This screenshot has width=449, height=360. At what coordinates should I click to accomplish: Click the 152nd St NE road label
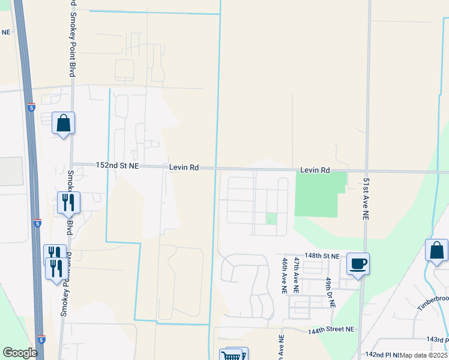pyautogui.click(x=118, y=165)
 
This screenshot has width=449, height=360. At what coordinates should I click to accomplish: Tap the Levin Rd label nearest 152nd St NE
pyautogui.click(x=183, y=168)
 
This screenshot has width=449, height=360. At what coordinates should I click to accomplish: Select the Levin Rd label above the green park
pyautogui.click(x=315, y=170)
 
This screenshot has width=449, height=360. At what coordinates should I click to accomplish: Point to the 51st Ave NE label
pyautogui.click(x=365, y=198)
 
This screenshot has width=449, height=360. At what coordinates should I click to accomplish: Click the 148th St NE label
pyautogui.click(x=322, y=256)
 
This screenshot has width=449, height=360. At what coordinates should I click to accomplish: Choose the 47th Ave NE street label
pyautogui.click(x=297, y=275)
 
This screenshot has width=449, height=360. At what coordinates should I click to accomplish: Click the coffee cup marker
pyautogui.click(x=358, y=263)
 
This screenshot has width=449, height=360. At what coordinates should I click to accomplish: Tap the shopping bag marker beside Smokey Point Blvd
pyautogui.click(x=63, y=124)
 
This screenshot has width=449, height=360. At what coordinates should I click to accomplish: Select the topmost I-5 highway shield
pyautogui.click(x=31, y=108)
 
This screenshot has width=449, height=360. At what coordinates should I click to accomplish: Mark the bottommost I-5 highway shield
pyautogui.click(x=40, y=340)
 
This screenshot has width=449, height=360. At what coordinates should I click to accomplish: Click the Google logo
pyautogui.click(x=20, y=353)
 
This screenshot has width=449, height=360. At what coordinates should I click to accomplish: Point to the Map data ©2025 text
pyautogui.click(x=424, y=355)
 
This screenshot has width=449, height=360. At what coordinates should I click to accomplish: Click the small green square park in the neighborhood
pyautogui.click(x=271, y=219)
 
